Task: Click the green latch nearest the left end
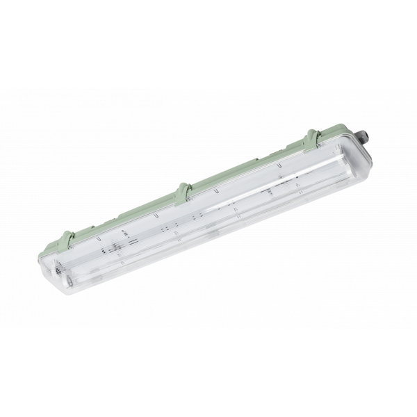click(69, 238)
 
